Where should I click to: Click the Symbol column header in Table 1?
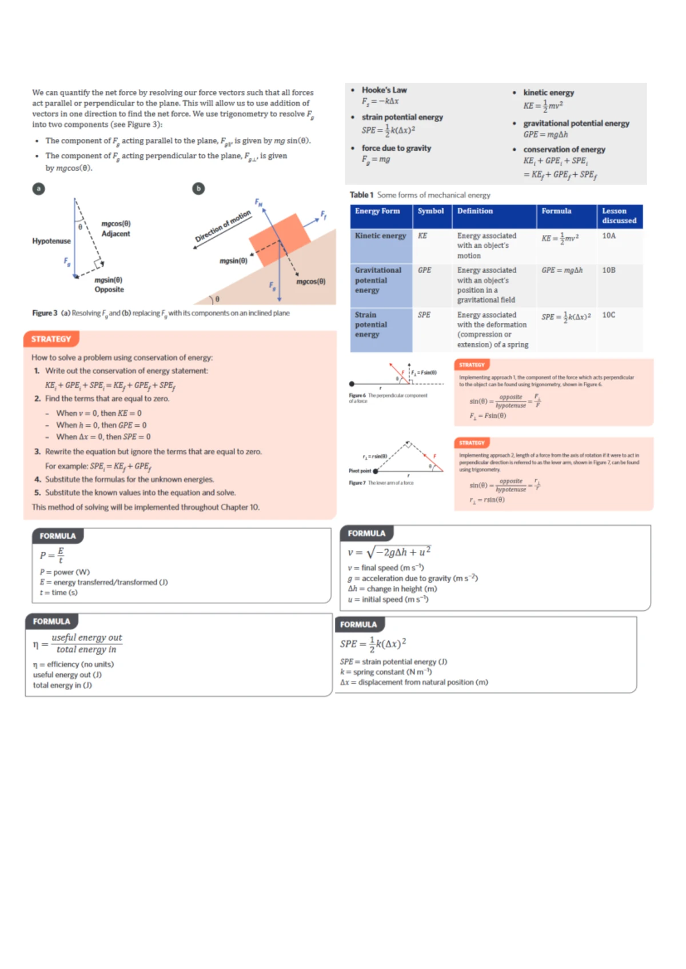coord(430,211)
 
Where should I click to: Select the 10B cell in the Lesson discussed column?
coord(609,270)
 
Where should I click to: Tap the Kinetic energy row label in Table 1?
coord(380,236)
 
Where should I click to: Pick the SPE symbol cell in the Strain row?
coord(424,315)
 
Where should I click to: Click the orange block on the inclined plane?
coord(280,239)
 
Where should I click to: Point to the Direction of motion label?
coord(223,226)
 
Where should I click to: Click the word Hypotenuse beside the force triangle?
coord(51,241)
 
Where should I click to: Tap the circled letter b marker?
coord(198,189)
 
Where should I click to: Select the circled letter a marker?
coord(38,189)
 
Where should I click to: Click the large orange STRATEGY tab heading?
coord(51,339)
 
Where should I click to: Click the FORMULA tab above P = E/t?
coord(58,536)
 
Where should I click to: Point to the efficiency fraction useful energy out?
coord(86,638)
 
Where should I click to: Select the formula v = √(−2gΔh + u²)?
coord(389,552)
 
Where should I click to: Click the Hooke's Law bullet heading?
coord(384,90)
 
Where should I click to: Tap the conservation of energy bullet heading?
coord(564,150)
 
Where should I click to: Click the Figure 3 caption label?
coord(45,313)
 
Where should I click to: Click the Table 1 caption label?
coord(362,195)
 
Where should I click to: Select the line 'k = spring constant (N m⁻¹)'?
coord(386,672)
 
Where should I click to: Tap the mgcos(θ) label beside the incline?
coord(311,282)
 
